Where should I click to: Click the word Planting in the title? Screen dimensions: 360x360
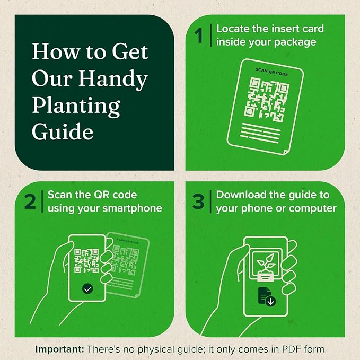click(x=76, y=106)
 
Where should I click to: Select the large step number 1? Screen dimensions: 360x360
click(x=199, y=36)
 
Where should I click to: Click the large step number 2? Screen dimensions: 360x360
click(x=30, y=201)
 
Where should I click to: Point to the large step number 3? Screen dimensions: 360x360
click(x=198, y=201)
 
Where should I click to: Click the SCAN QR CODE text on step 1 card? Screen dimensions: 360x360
click(x=271, y=72)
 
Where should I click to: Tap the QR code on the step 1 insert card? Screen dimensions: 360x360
click(x=266, y=100)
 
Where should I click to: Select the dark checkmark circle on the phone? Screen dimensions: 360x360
click(x=87, y=289)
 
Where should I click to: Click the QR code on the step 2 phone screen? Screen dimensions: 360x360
click(x=86, y=261)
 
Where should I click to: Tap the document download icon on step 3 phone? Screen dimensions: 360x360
click(x=267, y=297)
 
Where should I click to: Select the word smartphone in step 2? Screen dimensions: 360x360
click(x=132, y=209)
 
